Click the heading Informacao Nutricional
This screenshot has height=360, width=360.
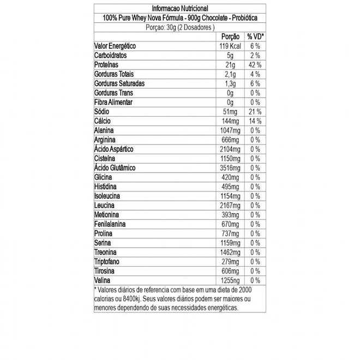tap(180, 8)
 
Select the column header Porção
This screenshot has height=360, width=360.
tap(231, 37)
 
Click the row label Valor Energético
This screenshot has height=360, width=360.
tap(115, 46)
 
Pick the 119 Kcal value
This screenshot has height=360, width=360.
tap(230, 46)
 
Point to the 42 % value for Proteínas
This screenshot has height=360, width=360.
tap(255, 64)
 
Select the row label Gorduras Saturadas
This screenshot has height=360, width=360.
tap(119, 83)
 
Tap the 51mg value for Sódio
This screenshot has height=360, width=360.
tap(232, 111)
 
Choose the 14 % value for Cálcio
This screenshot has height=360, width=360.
tap(255, 121)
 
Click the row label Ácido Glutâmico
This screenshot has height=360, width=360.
tap(115, 167)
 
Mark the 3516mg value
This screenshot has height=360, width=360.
tap(229, 167)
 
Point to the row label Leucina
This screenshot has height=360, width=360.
tap(107, 205)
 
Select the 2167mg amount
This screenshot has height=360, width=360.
tap(229, 205)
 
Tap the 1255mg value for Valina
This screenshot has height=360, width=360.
tap(229, 280)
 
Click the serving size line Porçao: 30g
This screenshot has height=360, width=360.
tap(180, 27)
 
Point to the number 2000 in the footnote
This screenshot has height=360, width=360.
tap(243, 289)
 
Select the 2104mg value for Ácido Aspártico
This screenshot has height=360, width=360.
tap(229, 149)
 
